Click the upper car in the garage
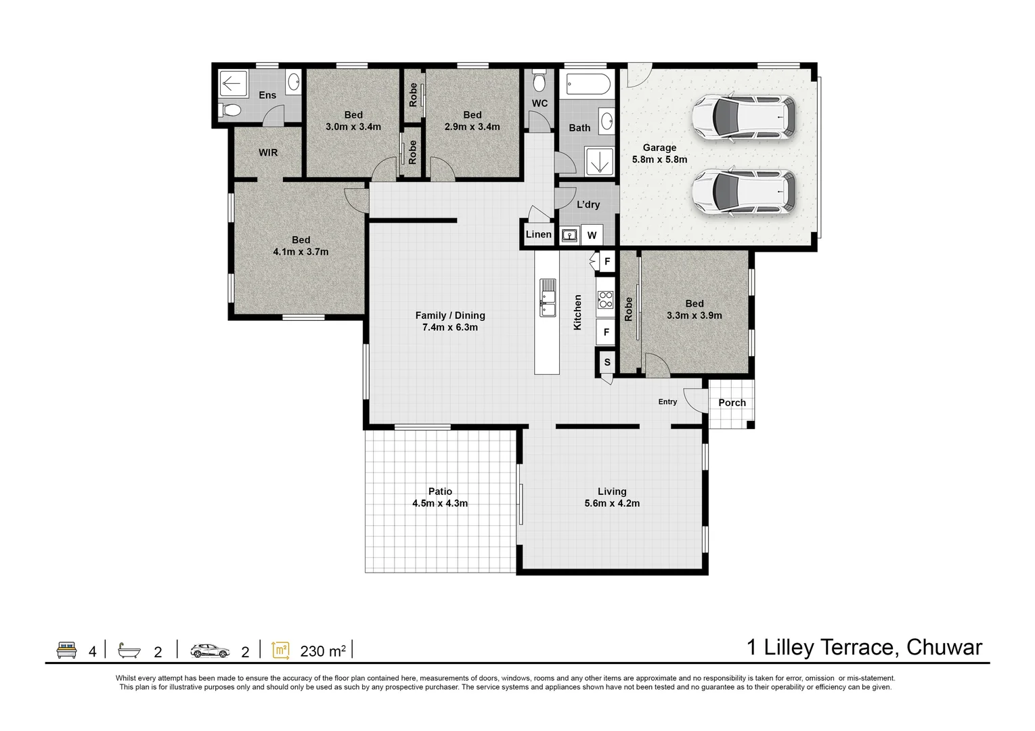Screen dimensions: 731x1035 pos(743,118)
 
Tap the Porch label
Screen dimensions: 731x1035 pos(732,403)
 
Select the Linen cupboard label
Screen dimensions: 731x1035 pos(539,235)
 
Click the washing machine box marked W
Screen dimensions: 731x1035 pos(592,236)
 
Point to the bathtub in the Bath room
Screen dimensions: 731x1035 pos(588,84)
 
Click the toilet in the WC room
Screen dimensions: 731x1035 pos(539,82)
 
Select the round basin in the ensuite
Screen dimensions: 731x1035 pos(294,83)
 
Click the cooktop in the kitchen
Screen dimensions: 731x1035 pos(605,300)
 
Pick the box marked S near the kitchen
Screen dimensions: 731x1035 pos(607,362)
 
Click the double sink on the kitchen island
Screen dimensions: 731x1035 pos(548,298)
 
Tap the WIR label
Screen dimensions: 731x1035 pos(268,153)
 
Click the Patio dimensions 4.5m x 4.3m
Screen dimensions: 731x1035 pos(440,503)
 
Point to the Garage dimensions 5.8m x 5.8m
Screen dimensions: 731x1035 pos(659,160)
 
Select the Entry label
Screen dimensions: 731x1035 pos(667,402)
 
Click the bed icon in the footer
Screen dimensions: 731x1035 pos(66,650)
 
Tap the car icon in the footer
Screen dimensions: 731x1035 pos(210,651)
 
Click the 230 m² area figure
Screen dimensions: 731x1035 pos(323,651)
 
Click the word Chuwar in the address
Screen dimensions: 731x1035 pos(944,648)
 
